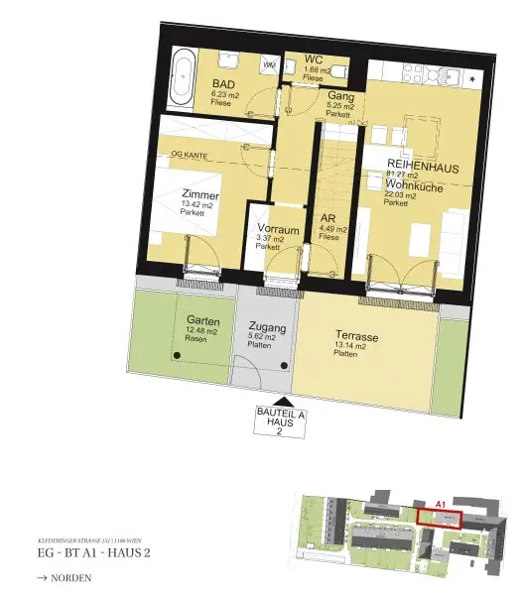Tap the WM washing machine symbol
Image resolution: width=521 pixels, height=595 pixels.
(x=269, y=65)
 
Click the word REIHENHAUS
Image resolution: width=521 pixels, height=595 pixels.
(x=423, y=167)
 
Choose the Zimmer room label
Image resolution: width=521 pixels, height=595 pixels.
(x=199, y=195)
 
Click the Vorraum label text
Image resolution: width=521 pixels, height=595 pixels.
(x=274, y=228)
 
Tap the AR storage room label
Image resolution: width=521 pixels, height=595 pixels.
(x=328, y=220)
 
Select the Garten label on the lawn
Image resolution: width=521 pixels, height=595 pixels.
(x=203, y=320)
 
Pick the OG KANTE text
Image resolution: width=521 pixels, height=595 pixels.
(x=192, y=154)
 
